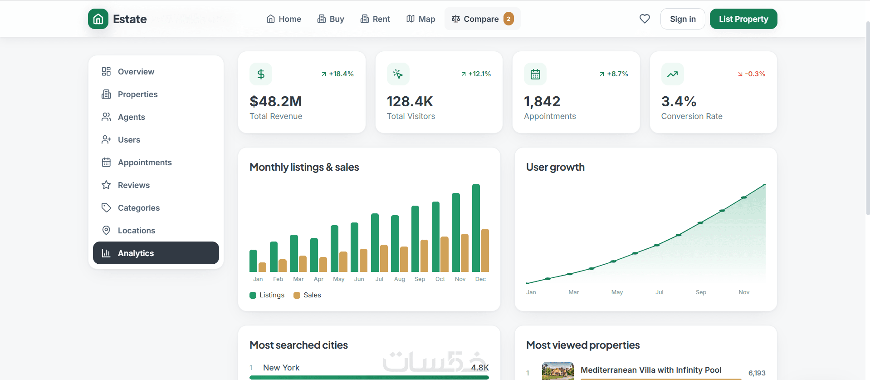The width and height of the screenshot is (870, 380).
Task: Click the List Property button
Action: (x=743, y=19)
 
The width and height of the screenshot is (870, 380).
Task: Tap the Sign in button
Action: (x=683, y=19)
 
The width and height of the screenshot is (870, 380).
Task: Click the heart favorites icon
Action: (x=645, y=19)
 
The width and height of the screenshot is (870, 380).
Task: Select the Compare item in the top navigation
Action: (x=482, y=19)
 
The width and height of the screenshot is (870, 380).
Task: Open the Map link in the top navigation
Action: (x=420, y=19)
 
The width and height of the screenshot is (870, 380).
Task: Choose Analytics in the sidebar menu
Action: (x=156, y=253)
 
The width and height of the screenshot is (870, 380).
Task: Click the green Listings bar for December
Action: (x=476, y=228)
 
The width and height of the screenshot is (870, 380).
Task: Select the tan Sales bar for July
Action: (x=384, y=258)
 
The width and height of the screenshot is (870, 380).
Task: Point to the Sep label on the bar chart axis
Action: (x=420, y=279)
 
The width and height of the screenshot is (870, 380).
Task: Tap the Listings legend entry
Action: (x=267, y=295)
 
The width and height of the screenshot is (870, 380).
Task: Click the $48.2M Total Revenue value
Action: (x=276, y=101)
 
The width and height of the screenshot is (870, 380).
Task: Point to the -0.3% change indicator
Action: (x=752, y=74)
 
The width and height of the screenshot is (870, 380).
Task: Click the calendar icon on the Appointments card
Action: (x=535, y=74)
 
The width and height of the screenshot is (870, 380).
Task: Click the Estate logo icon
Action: (x=98, y=19)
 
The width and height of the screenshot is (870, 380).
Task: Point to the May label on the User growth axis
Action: (x=617, y=292)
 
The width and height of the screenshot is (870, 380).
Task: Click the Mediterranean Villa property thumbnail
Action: (x=558, y=371)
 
